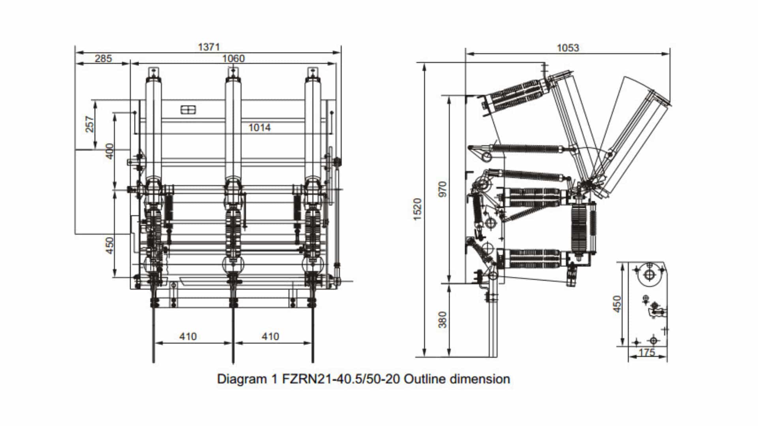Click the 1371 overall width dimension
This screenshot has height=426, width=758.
point(208,47)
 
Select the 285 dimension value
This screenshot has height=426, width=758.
point(103,58)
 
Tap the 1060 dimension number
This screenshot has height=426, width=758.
point(233,58)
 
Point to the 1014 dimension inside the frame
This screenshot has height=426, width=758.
point(259,127)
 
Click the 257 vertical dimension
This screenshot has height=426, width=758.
point(90,124)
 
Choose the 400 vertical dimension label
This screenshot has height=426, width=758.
point(109,151)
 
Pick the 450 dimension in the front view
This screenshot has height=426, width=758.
point(109,245)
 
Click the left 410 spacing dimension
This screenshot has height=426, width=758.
point(188,336)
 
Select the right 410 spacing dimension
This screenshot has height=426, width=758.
point(270,336)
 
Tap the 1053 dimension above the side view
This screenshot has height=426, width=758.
point(568,48)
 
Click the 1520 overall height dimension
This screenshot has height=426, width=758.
point(417,209)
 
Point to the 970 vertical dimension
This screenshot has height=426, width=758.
point(443,189)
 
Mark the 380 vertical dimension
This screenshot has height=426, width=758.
point(443,319)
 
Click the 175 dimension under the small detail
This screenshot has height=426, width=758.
point(647,352)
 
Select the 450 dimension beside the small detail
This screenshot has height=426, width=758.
point(617,304)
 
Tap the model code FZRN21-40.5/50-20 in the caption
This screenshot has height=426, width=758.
point(341,379)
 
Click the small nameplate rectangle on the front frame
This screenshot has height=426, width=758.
point(188,110)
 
